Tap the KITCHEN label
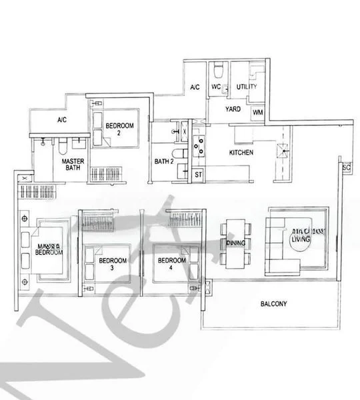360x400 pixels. point(241,153)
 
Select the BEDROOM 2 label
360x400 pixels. point(121,129)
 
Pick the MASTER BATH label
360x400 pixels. point(72,165)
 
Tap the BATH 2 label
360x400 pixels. point(163,161)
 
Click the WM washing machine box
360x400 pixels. point(257,113)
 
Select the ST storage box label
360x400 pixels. point(198,175)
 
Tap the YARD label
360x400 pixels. point(233,109)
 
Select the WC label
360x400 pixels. point(216,87)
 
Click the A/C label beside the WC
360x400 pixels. point(195,87)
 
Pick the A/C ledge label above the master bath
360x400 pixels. point(62,121)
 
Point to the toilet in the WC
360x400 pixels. point(219,71)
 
